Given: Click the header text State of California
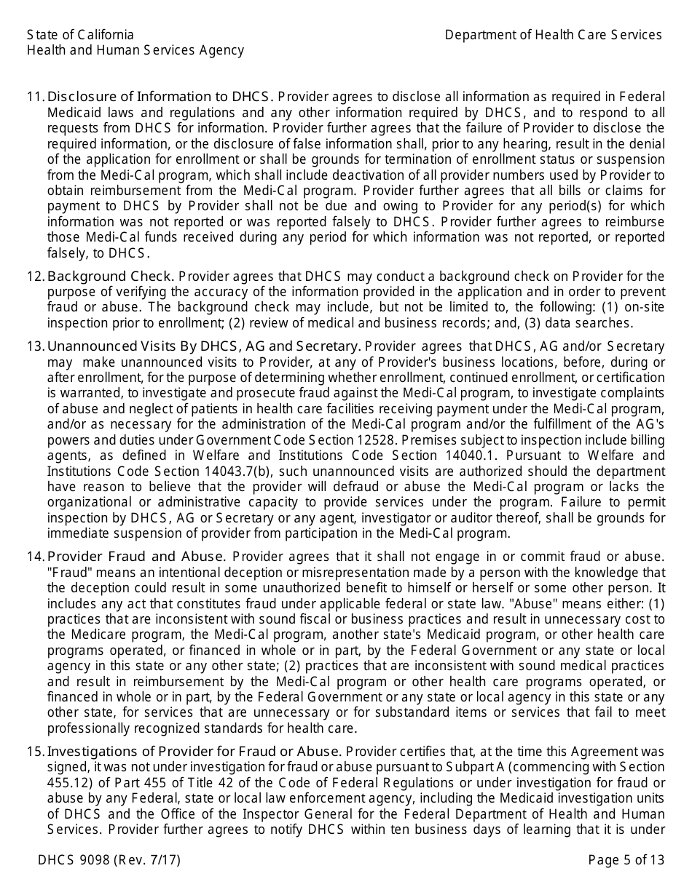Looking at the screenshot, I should pos(80,35).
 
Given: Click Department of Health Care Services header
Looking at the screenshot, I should pos(554,35).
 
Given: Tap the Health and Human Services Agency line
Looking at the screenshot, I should pos(135,50).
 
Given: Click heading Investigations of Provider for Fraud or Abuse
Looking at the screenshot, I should pos(194,751).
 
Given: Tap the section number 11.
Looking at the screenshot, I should pos(36,97).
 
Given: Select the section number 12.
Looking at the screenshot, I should pos(36,276).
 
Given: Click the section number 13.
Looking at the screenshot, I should pos(36,346).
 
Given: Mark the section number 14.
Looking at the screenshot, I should pos(36,557).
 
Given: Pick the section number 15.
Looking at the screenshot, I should pos(36,751).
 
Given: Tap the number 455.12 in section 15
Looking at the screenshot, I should pos(66,783).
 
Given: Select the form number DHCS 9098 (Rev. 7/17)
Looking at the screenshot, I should pos(109,860).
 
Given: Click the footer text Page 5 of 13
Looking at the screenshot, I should pos(626,860).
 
